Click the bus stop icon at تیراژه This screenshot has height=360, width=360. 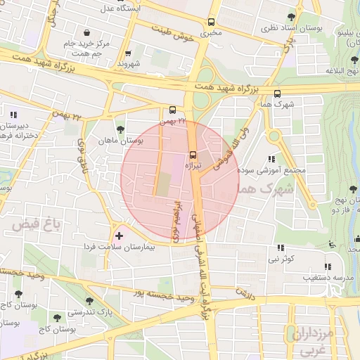coord(193,155)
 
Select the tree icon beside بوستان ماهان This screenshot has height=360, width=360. coord(121,129)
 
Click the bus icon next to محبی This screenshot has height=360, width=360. coord(212,22)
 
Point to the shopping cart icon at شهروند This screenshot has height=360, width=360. coord(127,53)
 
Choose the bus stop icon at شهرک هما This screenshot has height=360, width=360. coord(276,93)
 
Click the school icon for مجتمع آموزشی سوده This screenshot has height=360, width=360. coord(271,160)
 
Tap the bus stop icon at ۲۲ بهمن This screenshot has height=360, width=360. coord(172,110)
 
